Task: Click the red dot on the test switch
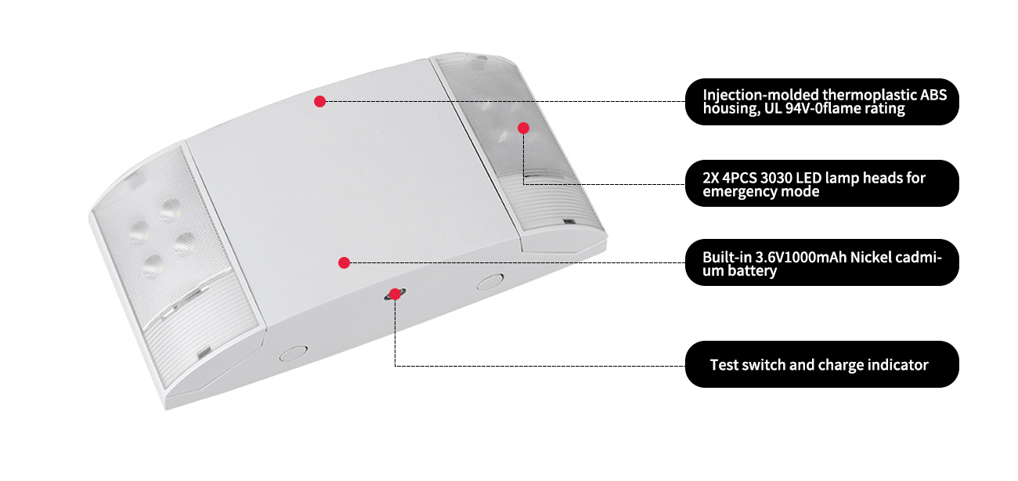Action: [x=395, y=294]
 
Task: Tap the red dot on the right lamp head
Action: [x=524, y=128]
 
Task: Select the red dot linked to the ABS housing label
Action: [x=320, y=101]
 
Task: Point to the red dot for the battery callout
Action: [x=344, y=262]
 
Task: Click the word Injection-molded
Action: [x=761, y=95]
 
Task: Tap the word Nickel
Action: [x=870, y=257]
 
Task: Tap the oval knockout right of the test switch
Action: [x=490, y=282]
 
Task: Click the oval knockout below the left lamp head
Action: [x=293, y=353]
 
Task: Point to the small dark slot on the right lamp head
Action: [x=569, y=222]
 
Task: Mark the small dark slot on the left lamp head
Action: [x=204, y=352]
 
